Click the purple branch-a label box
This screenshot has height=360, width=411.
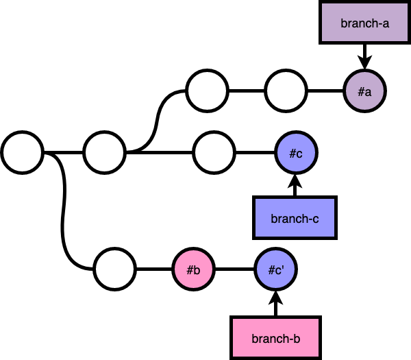tap(364, 23)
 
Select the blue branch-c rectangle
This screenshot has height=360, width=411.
tap(295, 218)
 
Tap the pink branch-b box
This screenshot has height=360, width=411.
tap(275, 337)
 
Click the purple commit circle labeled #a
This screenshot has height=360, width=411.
tap(364, 91)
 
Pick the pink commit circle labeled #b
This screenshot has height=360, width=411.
tap(193, 269)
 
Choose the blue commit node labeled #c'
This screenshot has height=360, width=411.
tap(275, 269)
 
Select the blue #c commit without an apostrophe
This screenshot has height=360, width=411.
tap(296, 153)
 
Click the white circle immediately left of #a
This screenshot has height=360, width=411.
tap(286, 91)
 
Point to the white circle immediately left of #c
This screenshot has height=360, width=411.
tap(214, 153)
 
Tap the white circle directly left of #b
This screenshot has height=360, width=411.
tap(114, 269)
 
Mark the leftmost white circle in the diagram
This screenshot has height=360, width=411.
tap(22, 153)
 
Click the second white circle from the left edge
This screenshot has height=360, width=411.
tap(104, 153)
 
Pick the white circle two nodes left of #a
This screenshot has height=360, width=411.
tap(207, 91)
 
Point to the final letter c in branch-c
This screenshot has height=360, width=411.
tap(315, 219)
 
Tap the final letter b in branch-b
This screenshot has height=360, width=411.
tap(297, 338)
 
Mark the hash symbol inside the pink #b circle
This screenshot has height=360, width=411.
tap(190, 270)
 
